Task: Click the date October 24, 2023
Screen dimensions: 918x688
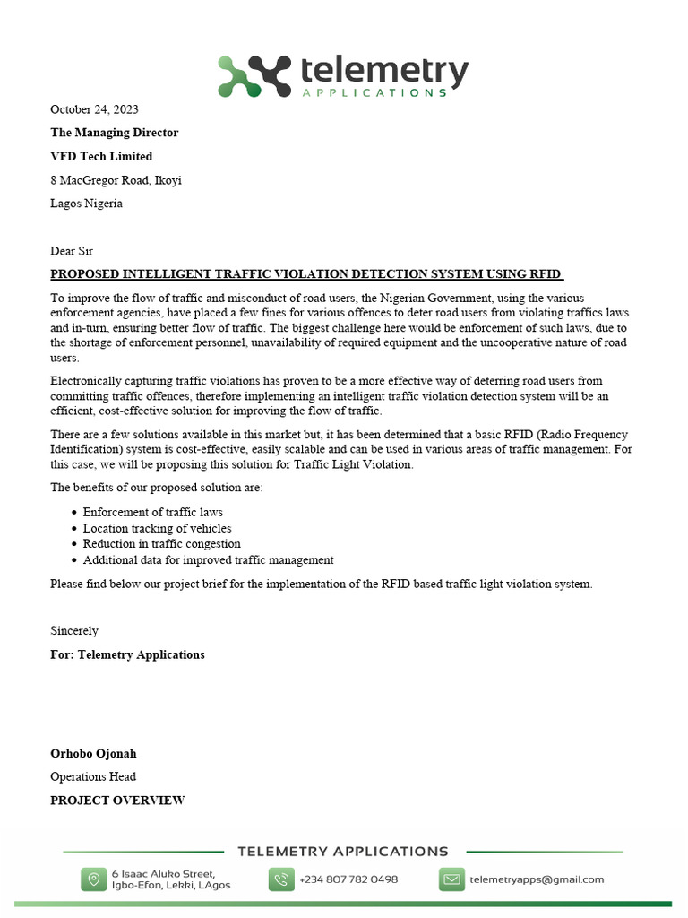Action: (94, 109)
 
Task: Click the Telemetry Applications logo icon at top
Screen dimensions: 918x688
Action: (254, 75)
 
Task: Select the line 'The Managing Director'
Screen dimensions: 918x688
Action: (114, 133)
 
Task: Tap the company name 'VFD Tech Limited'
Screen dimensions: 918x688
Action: (101, 156)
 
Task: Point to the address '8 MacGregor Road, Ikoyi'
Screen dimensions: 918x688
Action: (116, 180)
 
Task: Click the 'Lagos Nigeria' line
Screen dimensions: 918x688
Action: (86, 204)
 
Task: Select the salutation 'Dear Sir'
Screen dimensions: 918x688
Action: (72, 251)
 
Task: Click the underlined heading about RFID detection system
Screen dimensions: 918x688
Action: (306, 274)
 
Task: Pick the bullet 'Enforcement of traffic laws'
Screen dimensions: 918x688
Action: (152, 512)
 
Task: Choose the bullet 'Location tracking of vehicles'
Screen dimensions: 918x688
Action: (157, 528)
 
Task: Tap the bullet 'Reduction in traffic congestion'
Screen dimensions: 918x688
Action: (161, 543)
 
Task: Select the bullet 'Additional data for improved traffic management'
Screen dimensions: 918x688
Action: (208, 559)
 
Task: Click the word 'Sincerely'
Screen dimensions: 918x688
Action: (74, 631)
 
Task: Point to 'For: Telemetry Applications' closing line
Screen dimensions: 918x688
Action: (127, 654)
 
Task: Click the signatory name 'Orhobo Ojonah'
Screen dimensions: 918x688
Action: (93, 753)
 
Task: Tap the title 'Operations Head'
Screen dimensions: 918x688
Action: (93, 776)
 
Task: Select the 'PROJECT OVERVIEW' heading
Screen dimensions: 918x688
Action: (117, 800)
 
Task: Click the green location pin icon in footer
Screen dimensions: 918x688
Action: (93, 879)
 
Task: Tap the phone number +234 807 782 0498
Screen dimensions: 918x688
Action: (348, 879)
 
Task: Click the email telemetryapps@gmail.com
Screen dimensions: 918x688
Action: (537, 879)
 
